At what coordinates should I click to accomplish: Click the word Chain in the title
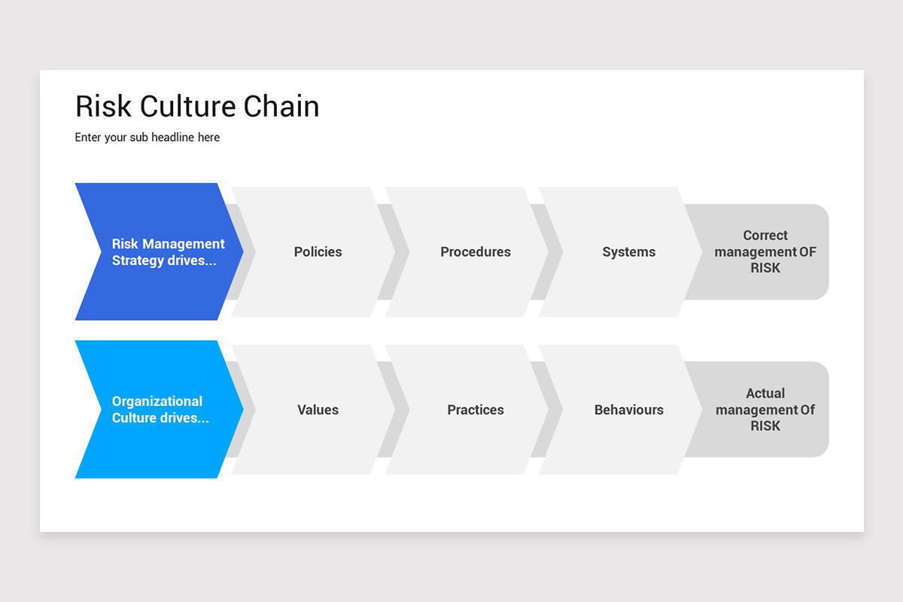tap(281, 106)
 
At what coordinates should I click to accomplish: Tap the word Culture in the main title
tap(187, 106)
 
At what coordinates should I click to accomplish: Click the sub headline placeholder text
tap(147, 138)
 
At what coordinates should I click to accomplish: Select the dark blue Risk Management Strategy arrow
tap(160, 251)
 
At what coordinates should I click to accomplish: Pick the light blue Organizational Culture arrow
tap(160, 409)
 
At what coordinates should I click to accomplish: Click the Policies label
tap(318, 252)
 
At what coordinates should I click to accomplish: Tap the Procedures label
tap(476, 252)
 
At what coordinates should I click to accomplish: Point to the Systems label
tap(629, 252)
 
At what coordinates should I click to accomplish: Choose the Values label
tap(318, 409)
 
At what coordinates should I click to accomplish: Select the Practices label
tap(476, 409)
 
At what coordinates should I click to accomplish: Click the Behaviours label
tap(629, 409)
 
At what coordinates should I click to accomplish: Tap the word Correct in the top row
tap(765, 235)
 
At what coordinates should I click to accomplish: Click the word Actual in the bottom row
tap(765, 393)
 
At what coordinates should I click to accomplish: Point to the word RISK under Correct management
tap(765, 268)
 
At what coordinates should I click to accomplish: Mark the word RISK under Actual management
tap(765, 426)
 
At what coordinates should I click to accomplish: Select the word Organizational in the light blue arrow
tap(157, 402)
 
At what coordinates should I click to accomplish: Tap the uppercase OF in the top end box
tap(808, 252)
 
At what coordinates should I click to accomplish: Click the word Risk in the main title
tap(103, 106)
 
